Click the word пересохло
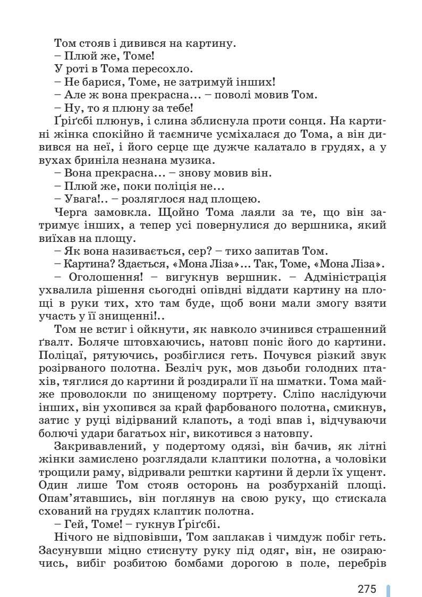(167, 69)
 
